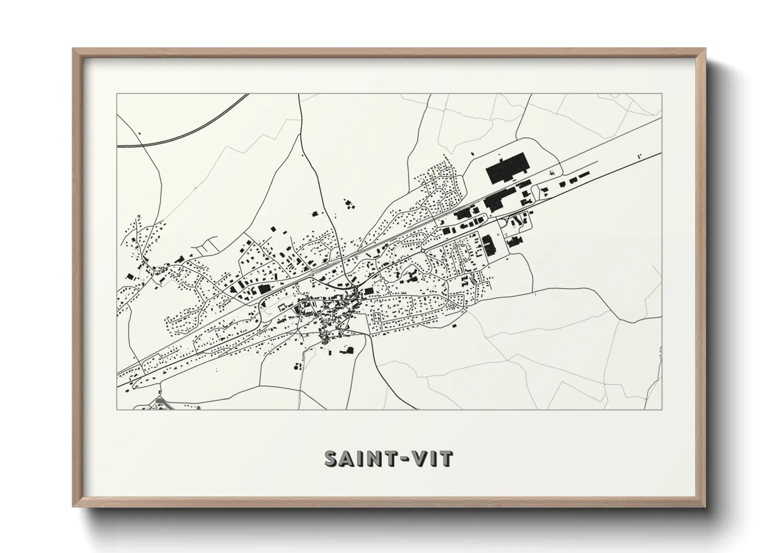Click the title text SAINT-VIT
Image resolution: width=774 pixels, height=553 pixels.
pos(388,458)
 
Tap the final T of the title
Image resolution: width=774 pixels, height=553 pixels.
pos(446,458)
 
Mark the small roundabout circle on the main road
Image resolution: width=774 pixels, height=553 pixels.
pos(422,251)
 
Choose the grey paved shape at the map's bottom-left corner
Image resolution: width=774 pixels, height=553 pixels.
pos(160,403)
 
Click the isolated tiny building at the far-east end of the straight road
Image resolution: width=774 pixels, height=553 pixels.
pos(638,155)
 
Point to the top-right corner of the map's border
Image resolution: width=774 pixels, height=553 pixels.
pos(662,94)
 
